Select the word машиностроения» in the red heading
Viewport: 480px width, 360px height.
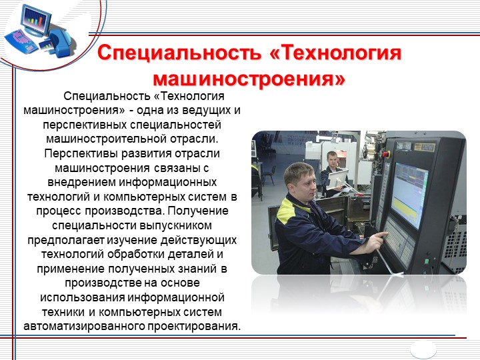[249, 79]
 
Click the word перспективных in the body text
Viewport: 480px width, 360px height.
[85, 125]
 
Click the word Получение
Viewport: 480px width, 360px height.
[198, 211]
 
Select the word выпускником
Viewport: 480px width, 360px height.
[175, 225]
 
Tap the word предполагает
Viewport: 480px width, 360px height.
[66, 240]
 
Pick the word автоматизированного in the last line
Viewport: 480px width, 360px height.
[84, 326]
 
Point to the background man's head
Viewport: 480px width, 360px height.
[332, 159]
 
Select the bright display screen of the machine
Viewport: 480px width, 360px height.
[409, 195]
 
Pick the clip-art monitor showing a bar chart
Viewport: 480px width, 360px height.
[36, 21]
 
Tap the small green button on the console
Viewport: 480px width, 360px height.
[426, 261]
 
